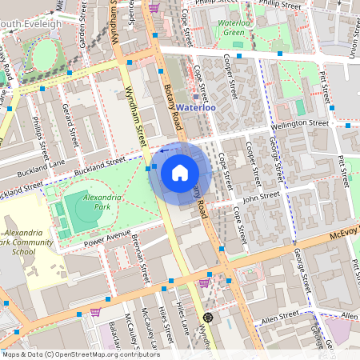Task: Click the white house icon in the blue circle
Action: (180, 172)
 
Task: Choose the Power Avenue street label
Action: (106, 236)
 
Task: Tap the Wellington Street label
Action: (300, 124)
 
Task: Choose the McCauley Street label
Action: (146, 323)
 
